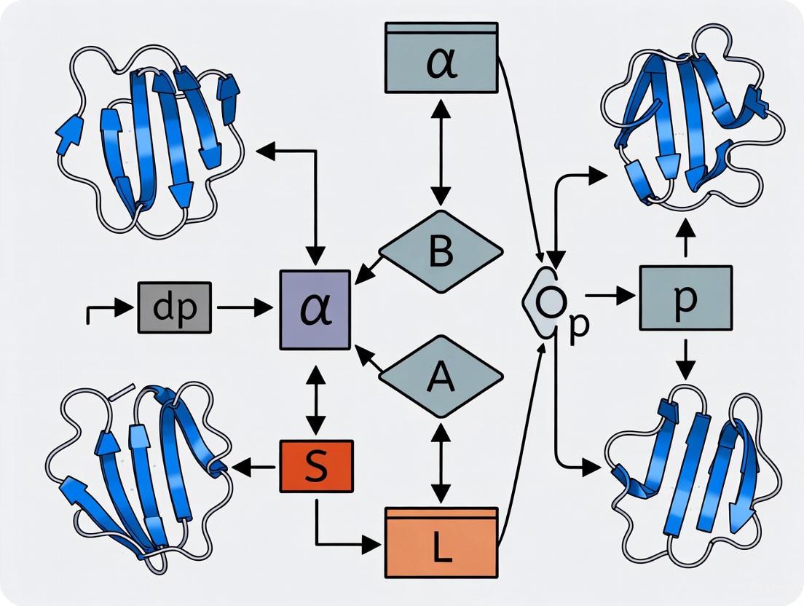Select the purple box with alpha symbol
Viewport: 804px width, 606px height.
[315, 310]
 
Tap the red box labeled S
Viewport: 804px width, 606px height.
[316, 466]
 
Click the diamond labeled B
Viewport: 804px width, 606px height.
[441, 252]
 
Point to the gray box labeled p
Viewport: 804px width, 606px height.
[685, 299]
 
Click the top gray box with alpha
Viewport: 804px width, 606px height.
[441, 59]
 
